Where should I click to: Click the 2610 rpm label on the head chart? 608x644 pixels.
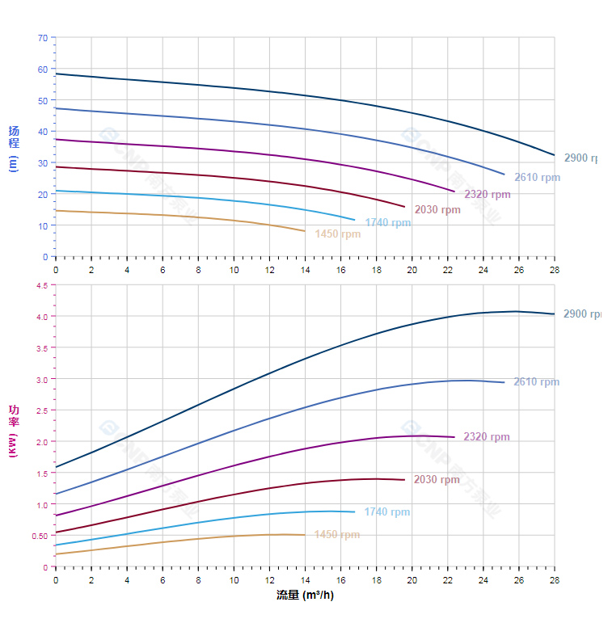coord(537,178)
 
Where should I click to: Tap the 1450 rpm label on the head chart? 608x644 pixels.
coord(338,234)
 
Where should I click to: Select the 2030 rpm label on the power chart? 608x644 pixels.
coord(437,480)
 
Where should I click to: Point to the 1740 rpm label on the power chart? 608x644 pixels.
coord(387,512)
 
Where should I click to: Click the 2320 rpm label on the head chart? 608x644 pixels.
coord(488,195)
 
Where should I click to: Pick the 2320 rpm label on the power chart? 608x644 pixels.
coord(487,437)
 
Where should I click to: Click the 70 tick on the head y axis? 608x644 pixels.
coord(43,38)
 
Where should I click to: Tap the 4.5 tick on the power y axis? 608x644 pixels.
coord(42,285)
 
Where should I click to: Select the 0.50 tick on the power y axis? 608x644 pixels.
coord(40,536)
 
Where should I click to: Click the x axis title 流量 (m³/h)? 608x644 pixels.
coord(305,596)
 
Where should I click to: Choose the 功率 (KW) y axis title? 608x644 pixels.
coord(14,431)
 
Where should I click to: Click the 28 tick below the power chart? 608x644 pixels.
coord(554,580)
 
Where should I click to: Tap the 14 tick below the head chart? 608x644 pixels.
coord(305,270)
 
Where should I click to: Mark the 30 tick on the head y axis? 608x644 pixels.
coord(43,163)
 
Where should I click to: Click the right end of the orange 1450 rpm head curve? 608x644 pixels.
coord(305,231)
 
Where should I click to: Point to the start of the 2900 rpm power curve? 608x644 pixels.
coord(56,467)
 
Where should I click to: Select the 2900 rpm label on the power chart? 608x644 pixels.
coord(582,314)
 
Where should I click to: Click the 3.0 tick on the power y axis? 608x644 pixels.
coord(42,379)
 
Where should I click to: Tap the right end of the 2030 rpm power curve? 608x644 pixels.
coord(404,480)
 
